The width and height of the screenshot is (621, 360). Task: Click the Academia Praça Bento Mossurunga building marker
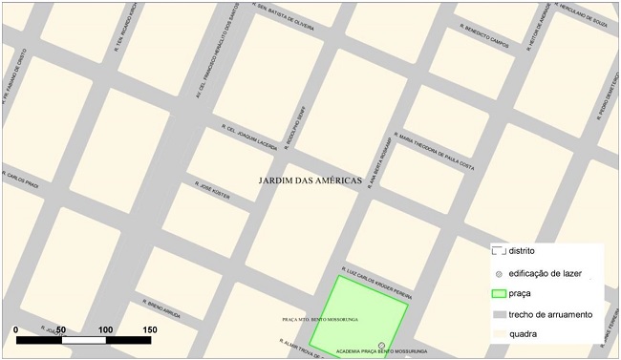(382, 344)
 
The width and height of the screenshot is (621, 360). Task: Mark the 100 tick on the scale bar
(105, 329)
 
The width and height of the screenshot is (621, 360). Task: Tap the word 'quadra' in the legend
(524, 334)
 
